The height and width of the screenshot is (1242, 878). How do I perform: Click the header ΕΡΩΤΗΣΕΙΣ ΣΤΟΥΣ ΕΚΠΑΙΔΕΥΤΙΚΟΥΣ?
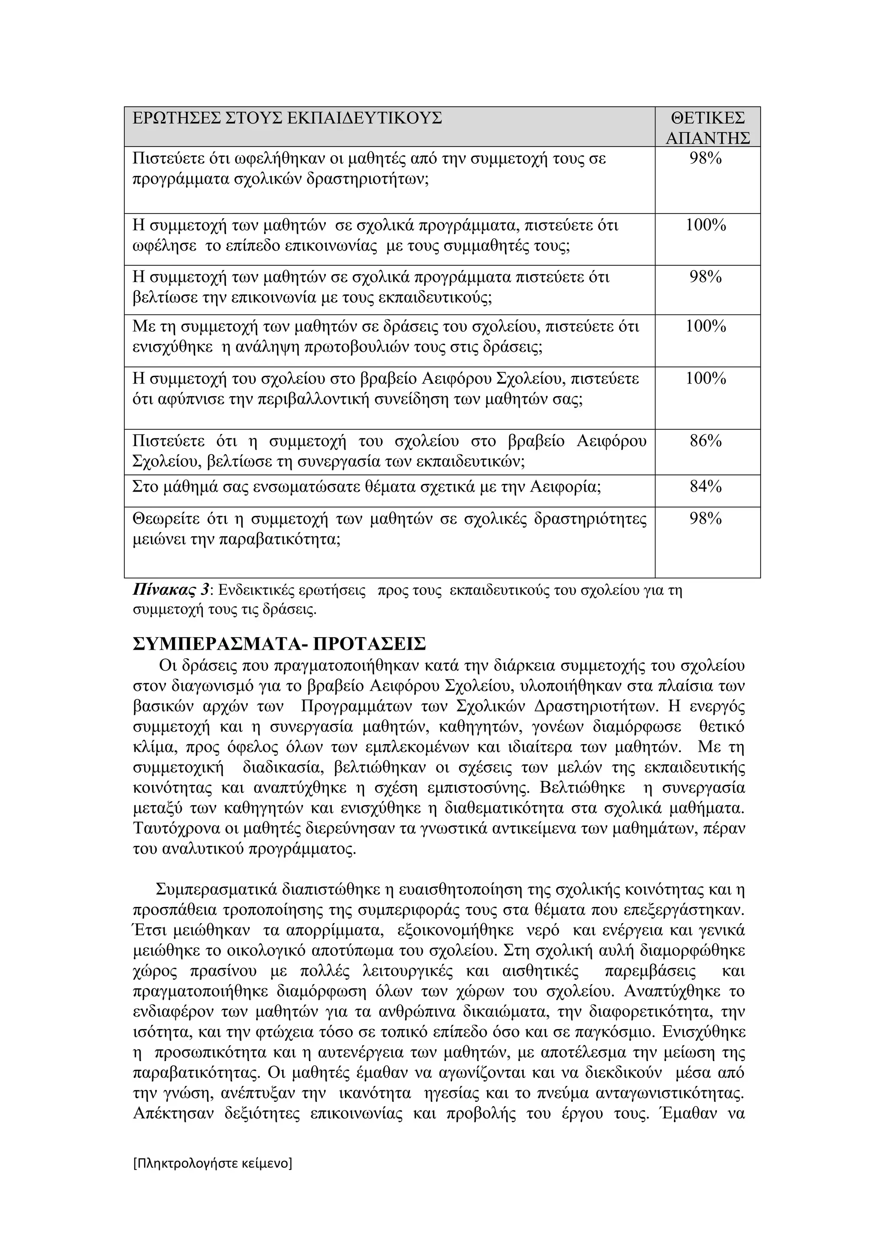[x=287, y=117]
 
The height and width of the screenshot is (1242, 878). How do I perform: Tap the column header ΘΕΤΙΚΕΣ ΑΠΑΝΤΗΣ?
[x=708, y=128]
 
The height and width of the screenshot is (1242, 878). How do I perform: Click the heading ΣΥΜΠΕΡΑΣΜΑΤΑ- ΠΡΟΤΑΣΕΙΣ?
[x=279, y=644]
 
